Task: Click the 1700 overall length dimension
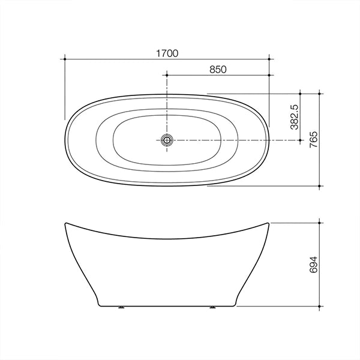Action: (x=168, y=53)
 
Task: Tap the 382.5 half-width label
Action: (x=294, y=116)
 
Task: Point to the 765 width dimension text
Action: (x=314, y=139)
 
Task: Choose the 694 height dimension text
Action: (x=314, y=264)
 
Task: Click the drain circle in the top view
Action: (x=166, y=140)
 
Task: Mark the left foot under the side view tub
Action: (x=122, y=308)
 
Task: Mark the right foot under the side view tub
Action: (x=212, y=308)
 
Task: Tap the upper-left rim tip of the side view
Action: (x=64, y=223)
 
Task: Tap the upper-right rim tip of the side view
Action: (x=269, y=223)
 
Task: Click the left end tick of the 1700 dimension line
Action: (x=64, y=59)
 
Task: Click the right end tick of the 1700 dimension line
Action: (x=269, y=59)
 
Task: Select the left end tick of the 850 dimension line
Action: (x=166, y=75)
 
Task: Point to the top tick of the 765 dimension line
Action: (x=321, y=94)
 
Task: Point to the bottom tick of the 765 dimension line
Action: (x=321, y=185)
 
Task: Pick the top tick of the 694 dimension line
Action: (x=321, y=223)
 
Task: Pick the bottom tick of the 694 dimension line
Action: (x=321, y=306)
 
